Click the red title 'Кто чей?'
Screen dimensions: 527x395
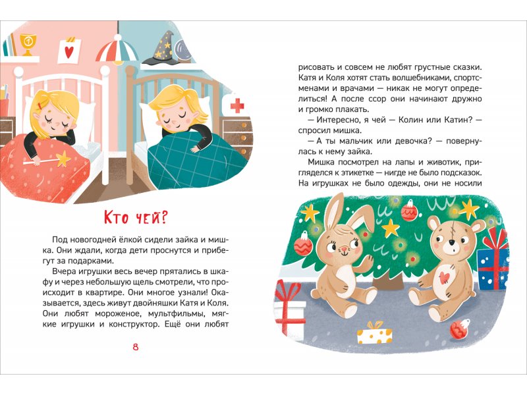[x=135, y=218]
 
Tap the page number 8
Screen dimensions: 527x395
[x=136, y=347]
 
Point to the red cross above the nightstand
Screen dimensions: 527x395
[x=237, y=105]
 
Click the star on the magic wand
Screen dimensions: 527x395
[x=62, y=159]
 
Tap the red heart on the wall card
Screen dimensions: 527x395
[x=69, y=52]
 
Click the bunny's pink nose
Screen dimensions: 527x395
[x=343, y=249]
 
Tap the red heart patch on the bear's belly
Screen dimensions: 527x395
[x=444, y=276]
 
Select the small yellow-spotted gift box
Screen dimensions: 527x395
[x=374, y=333]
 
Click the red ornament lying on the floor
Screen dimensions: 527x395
[x=459, y=329]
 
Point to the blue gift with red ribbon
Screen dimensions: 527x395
[x=492, y=261]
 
